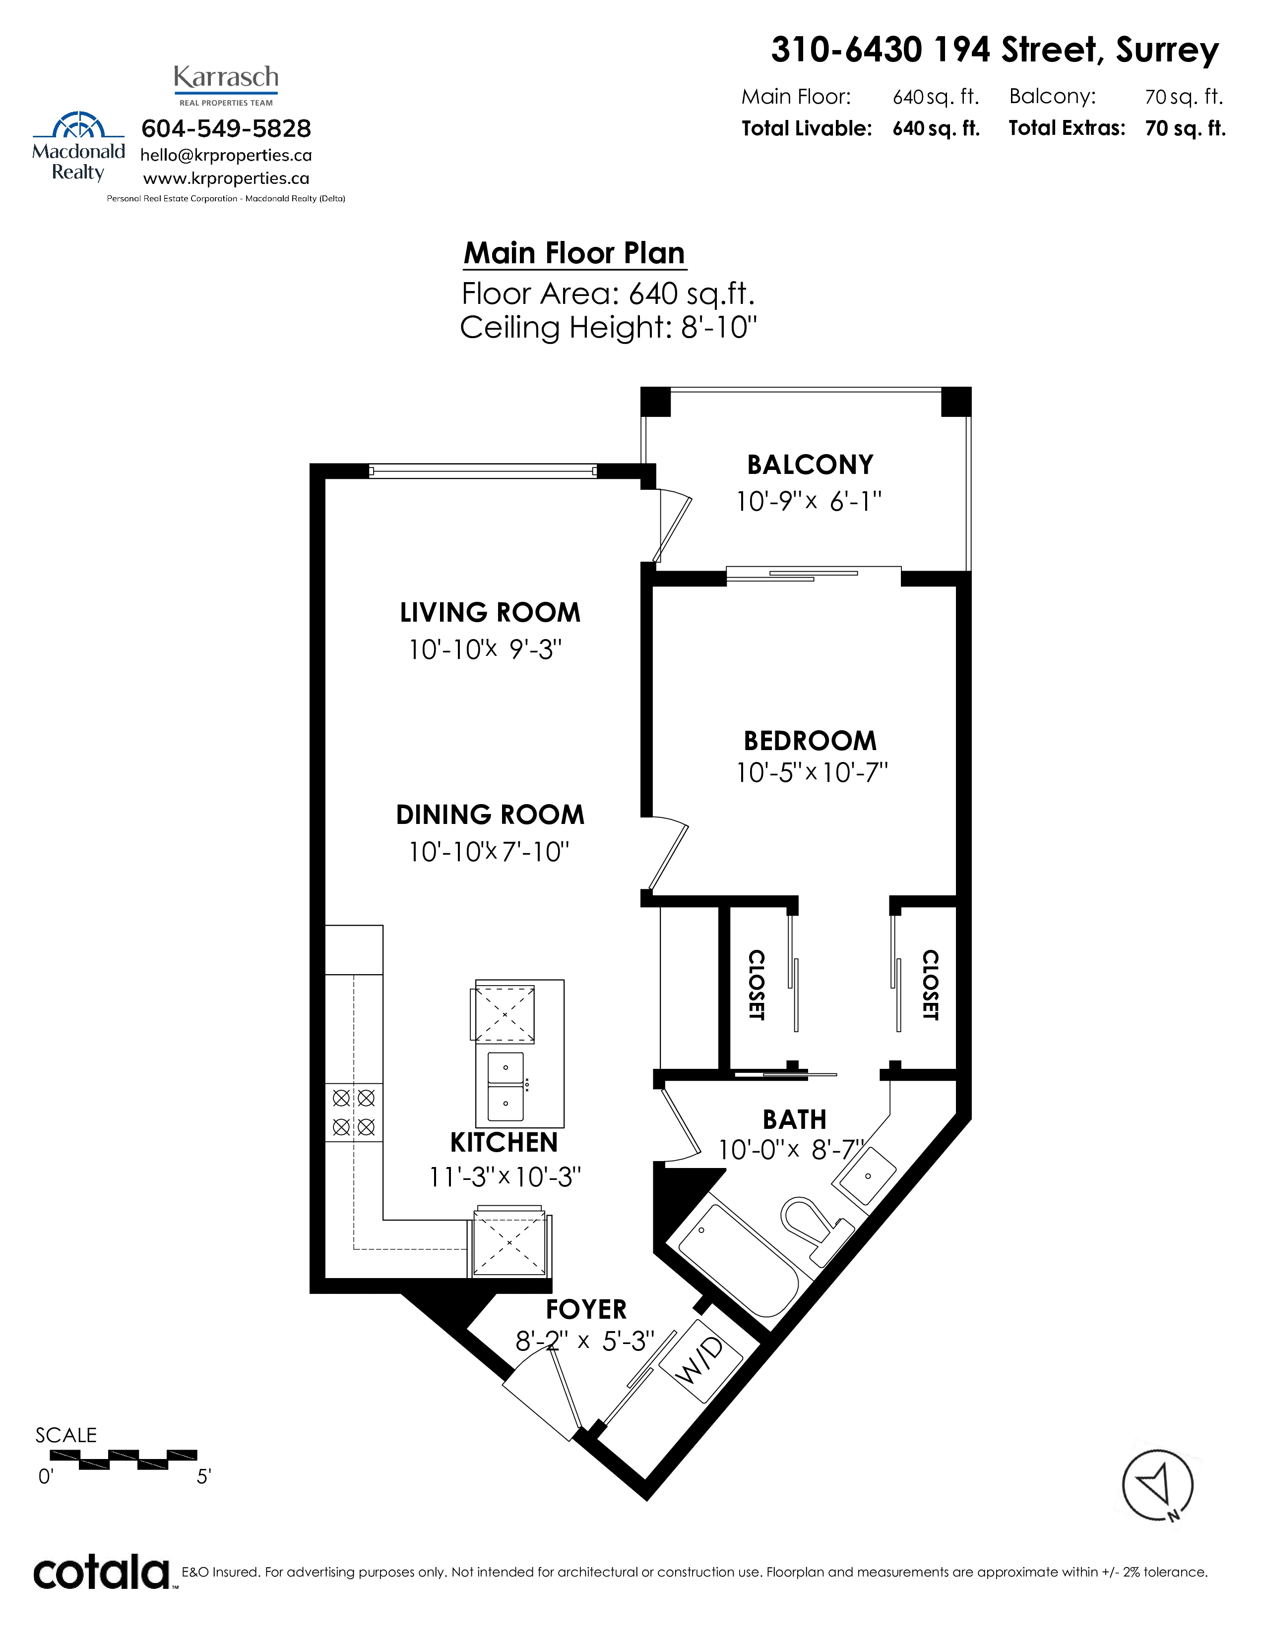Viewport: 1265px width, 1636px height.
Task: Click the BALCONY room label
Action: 810,465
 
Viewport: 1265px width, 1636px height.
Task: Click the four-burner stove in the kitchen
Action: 354,1112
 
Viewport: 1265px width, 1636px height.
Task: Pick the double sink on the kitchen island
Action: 506,1085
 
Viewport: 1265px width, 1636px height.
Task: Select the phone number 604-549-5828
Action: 226,129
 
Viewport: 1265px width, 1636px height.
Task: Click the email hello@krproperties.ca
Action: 226,156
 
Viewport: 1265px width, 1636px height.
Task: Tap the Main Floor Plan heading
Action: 575,253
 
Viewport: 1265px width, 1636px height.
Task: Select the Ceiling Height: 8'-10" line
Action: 609,327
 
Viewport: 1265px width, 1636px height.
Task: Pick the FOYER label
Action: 586,1309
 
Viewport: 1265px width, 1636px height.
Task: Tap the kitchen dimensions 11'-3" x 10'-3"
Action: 505,1177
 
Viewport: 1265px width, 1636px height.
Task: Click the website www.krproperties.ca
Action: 226,179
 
